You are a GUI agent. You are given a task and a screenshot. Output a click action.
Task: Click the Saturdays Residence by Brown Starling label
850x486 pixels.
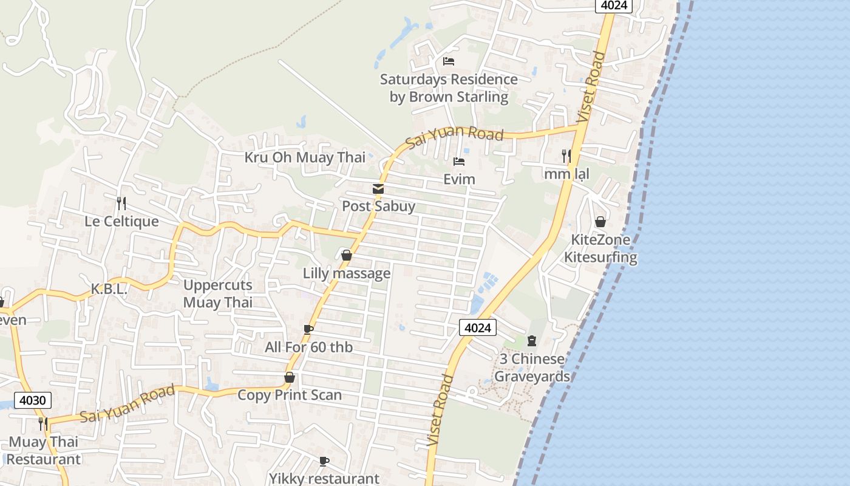[449, 88]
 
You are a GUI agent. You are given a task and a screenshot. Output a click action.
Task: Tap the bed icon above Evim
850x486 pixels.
[459, 162]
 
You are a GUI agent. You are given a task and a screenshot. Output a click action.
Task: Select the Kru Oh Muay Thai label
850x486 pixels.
[305, 157]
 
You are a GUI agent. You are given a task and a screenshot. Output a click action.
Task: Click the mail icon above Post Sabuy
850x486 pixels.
[378, 189]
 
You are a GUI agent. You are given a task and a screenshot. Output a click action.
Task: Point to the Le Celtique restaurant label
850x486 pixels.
[121, 221]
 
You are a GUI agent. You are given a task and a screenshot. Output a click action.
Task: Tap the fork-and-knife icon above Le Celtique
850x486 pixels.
[121, 203]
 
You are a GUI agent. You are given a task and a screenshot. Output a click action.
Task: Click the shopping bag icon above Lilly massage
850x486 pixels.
[347, 256]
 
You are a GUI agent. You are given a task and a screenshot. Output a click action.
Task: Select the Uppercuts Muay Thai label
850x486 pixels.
[217, 293]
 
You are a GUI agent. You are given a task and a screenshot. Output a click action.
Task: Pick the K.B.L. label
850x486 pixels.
[109, 289]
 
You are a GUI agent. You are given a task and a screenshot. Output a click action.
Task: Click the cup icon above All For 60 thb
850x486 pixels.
[308, 329]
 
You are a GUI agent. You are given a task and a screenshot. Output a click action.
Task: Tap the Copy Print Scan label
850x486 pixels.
[290, 395]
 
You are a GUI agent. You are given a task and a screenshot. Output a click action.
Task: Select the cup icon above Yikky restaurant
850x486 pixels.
[324, 461]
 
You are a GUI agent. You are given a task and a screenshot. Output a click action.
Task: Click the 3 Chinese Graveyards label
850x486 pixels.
[532, 368]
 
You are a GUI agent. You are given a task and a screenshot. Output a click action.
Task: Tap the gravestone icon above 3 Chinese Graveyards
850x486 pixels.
[532, 341]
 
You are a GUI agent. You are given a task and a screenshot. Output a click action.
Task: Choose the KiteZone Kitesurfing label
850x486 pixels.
[600, 248]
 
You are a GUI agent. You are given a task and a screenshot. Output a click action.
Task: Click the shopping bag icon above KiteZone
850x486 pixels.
[600, 222]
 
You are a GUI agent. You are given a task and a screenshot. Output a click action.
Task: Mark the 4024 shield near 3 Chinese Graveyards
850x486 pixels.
[477, 328]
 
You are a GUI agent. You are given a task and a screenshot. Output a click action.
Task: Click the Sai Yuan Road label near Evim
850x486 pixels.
[455, 136]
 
